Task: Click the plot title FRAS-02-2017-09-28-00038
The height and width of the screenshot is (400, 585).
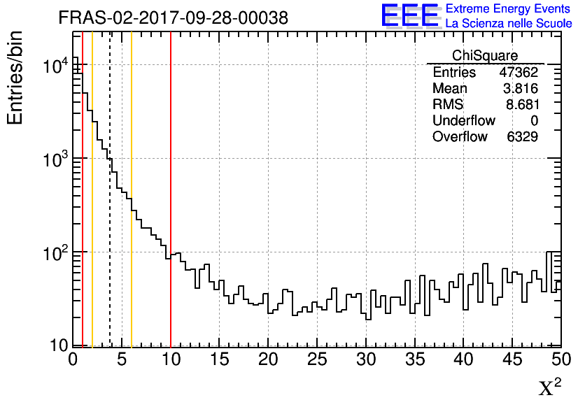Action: pyautogui.click(x=173, y=18)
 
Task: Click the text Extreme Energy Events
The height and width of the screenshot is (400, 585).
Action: pyautogui.click(x=508, y=9)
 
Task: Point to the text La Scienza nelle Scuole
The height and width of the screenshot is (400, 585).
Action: pyautogui.click(x=508, y=24)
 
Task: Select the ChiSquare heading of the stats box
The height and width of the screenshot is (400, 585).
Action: pyautogui.click(x=485, y=55)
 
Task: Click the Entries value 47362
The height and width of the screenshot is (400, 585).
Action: pyautogui.click(x=519, y=72)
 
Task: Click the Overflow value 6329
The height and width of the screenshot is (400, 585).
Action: pyautogui.click(x=522, y=136)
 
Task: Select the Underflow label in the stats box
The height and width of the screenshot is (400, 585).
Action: pyautogui.click(x=463, y=120)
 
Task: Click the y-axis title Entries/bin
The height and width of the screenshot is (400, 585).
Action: pyautogui.click(x=15, y=77)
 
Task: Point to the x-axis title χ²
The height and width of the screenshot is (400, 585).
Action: pyautogui.click(x=550, y=387)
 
